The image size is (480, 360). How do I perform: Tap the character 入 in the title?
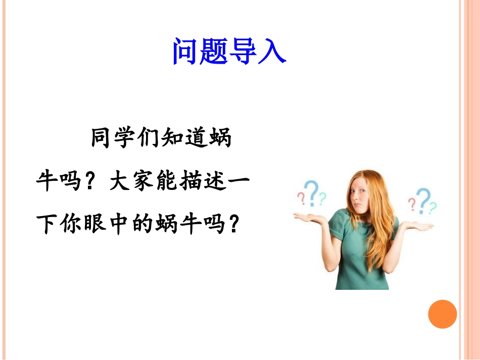pyautogui.click(x=273, y=51)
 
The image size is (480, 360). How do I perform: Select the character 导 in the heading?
pyautogui.click(x=244, y=51)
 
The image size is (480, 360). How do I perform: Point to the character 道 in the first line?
pyautogui.click(x=195, y=138)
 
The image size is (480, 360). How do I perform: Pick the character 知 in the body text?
pyautogui.click(x=172, y=138)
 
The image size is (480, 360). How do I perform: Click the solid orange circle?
pyautogui.click(x=443, y=314)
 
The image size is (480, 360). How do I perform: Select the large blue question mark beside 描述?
pyautogui.click(x=313, y=194)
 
